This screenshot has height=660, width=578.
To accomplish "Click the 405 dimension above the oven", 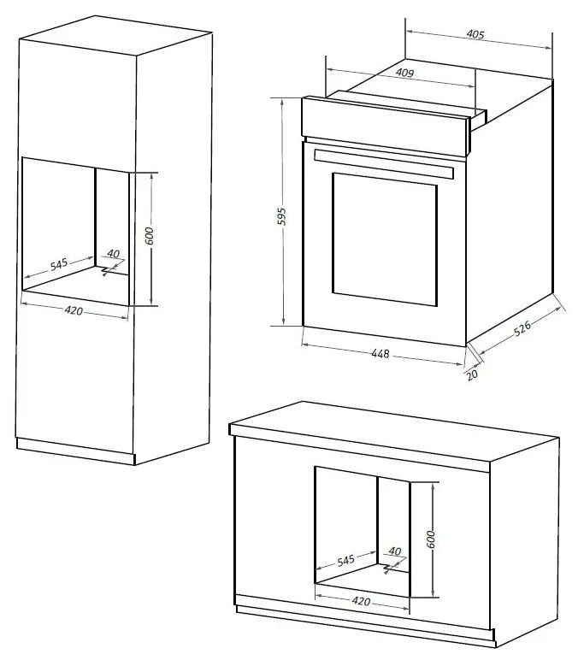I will (476, 35).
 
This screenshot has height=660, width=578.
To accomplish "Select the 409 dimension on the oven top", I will (405, 74).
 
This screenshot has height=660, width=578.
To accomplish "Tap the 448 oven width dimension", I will (380, 354).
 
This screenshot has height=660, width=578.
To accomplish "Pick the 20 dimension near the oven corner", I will (472, 374).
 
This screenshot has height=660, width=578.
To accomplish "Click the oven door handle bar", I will (382, 164).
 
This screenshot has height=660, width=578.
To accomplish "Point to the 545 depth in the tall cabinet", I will (58, 264).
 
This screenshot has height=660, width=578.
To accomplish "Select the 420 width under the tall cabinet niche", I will (74, 310).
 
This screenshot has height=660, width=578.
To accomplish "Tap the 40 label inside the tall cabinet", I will (113, 254).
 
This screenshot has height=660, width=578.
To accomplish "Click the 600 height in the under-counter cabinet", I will (432, 539).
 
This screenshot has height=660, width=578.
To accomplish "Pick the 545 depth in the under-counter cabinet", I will (345, 561).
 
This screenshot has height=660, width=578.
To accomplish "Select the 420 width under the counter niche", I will (361, 602).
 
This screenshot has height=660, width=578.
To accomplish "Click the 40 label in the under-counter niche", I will (395, 551).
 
